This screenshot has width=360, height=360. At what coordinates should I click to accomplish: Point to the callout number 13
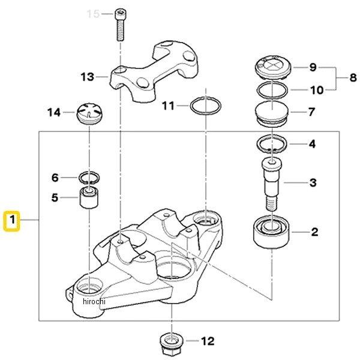[87, 76]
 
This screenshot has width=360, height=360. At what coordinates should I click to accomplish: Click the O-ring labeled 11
[204, 107]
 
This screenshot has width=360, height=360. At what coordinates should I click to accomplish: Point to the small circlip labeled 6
[89, 178]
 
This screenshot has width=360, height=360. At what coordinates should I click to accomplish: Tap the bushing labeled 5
[89, 197]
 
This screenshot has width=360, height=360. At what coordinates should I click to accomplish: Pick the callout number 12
[208, 341]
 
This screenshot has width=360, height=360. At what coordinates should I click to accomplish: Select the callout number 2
[314, 231]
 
